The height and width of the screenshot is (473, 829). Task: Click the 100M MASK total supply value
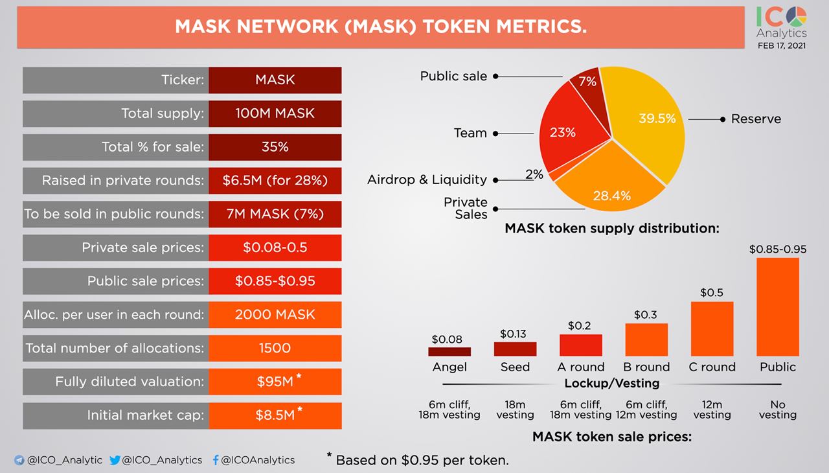coord(275,113)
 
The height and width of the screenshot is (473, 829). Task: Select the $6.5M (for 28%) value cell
coord(275,181)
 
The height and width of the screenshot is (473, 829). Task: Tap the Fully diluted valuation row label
coord(130,382)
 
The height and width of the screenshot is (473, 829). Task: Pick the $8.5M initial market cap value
coord(275,415)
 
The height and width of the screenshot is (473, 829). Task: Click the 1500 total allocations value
coord(275,348)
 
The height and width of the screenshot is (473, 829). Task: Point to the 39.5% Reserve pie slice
coord(648,123)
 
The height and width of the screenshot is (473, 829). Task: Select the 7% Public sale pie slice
coord(587,82)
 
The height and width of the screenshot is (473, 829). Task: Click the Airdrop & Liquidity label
coord(427,179)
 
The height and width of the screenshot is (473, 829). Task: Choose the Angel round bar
coord(449,352)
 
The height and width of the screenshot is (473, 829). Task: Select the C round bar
coord(712,329)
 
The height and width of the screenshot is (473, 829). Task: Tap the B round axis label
coord(646,367)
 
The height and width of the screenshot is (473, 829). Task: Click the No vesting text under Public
coord(777,409)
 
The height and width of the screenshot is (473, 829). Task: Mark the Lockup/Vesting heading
coord(612,384)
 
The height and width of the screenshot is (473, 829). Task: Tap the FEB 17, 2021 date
coord(782,45)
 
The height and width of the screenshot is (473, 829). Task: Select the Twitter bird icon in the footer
coord(115,460)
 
